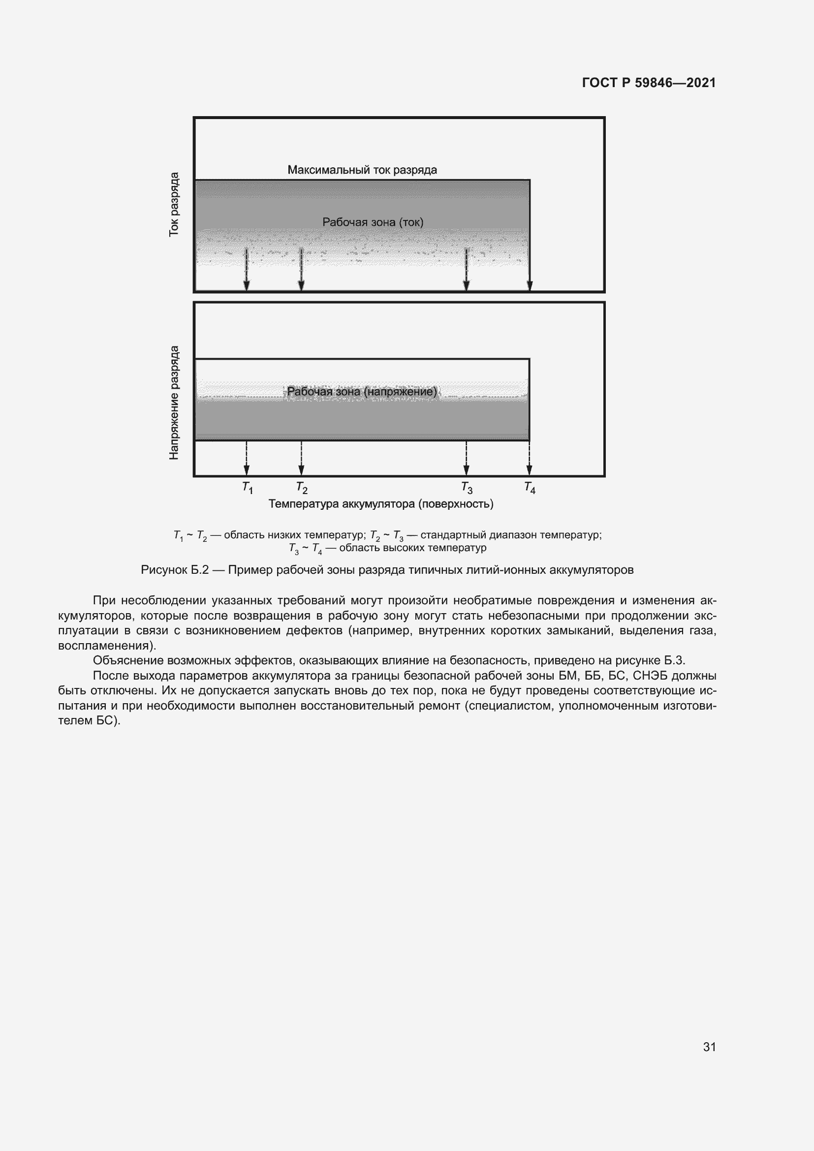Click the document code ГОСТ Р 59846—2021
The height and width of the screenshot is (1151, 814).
point(649,83)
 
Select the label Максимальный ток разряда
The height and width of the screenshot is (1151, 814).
point(362,170)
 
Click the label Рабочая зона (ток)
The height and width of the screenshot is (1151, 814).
point(373,222)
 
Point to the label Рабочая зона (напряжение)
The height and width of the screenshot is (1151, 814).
point(362,392)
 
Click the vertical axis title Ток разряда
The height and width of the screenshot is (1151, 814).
point(174,204)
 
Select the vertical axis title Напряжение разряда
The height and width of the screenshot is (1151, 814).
point(174,402)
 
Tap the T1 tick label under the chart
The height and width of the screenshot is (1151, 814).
point(248,487)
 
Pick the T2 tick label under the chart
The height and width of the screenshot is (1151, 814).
point(302,487)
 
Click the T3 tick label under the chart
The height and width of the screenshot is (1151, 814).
point(467,487)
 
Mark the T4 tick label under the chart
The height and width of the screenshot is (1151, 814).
point(530,487)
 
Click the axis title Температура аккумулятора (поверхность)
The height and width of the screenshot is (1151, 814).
point(381,504)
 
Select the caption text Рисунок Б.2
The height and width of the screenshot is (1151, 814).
point(174,570)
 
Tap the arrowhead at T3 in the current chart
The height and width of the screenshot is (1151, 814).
point(466,286)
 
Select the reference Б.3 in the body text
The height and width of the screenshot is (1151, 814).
point(673,660)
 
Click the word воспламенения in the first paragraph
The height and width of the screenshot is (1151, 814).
point(104,645)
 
